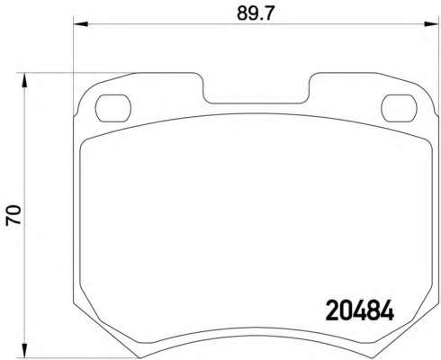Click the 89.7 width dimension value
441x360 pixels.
[256, 13]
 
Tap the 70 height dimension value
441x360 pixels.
[13, 215]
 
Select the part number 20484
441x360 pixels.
[360, 310]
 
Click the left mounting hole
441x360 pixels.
[113, 108]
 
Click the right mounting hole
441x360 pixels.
[399, 108]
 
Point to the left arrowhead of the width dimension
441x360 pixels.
[81, 24]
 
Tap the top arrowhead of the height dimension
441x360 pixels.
[24, 80]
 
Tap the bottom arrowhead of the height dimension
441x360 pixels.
[24, 350]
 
